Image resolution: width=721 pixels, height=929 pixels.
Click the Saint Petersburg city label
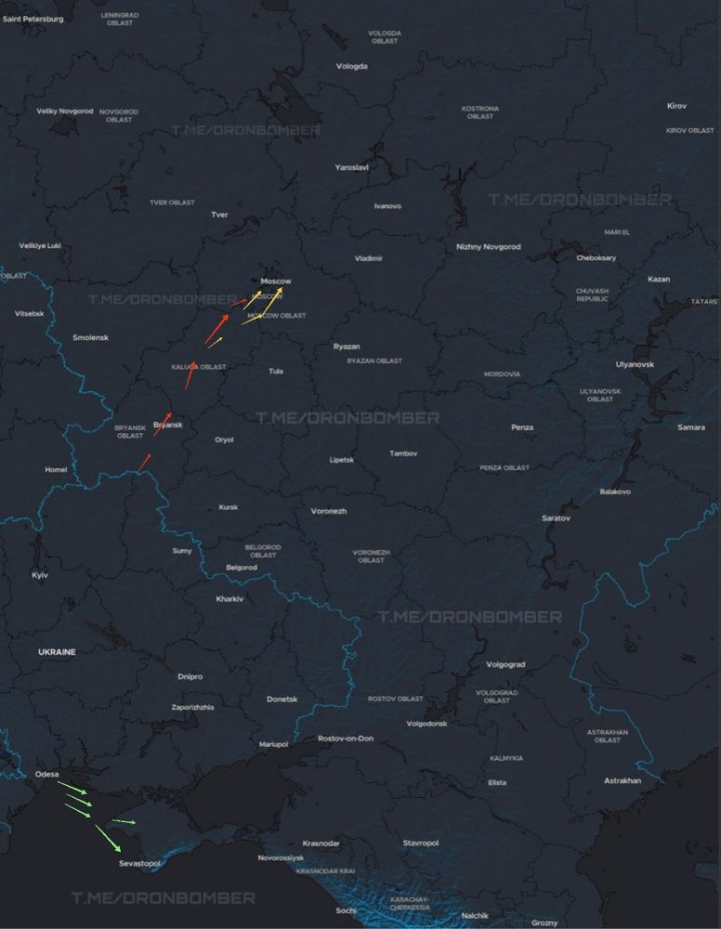tap(33, 19)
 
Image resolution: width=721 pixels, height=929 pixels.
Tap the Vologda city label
tap(352, 67)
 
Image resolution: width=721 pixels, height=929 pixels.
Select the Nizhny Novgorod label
tap(489, 247)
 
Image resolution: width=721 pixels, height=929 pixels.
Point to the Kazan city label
tap(659, 280)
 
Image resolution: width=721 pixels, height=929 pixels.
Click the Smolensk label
tap(90, 338)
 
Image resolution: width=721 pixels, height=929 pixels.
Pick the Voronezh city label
tap(329, 512)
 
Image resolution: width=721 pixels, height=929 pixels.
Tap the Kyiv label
tap(40, 576)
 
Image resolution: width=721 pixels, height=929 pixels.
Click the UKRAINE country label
tap(57, 652)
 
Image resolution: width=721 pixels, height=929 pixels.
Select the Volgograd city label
tap(505, 665)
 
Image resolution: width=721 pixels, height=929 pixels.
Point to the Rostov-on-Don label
tap(346, 739)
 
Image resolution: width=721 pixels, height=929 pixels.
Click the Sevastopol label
tap(139, 864)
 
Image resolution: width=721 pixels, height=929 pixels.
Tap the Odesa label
tap(46, 774)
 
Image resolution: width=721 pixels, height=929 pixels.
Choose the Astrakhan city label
tap(623, 781)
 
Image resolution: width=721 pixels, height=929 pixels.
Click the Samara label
tap(691, 427)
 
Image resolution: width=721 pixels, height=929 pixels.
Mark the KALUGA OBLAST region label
tap(199, 367)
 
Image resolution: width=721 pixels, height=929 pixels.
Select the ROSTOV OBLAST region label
tap(395, 699)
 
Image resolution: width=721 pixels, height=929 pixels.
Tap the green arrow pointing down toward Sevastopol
tap(108, 838)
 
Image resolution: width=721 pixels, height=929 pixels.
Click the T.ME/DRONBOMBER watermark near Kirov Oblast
tap(580, 200)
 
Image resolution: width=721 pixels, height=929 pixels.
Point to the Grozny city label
tap(544, 922)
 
